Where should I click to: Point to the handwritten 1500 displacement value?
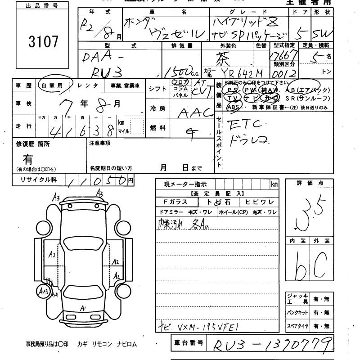(x=176, y=71)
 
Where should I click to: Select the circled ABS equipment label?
(x=234, y=107)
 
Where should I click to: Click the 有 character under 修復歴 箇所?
(x=28, y=159)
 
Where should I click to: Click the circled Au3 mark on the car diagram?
(x=44, y=292)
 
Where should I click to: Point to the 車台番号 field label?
(x=189, y=343)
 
